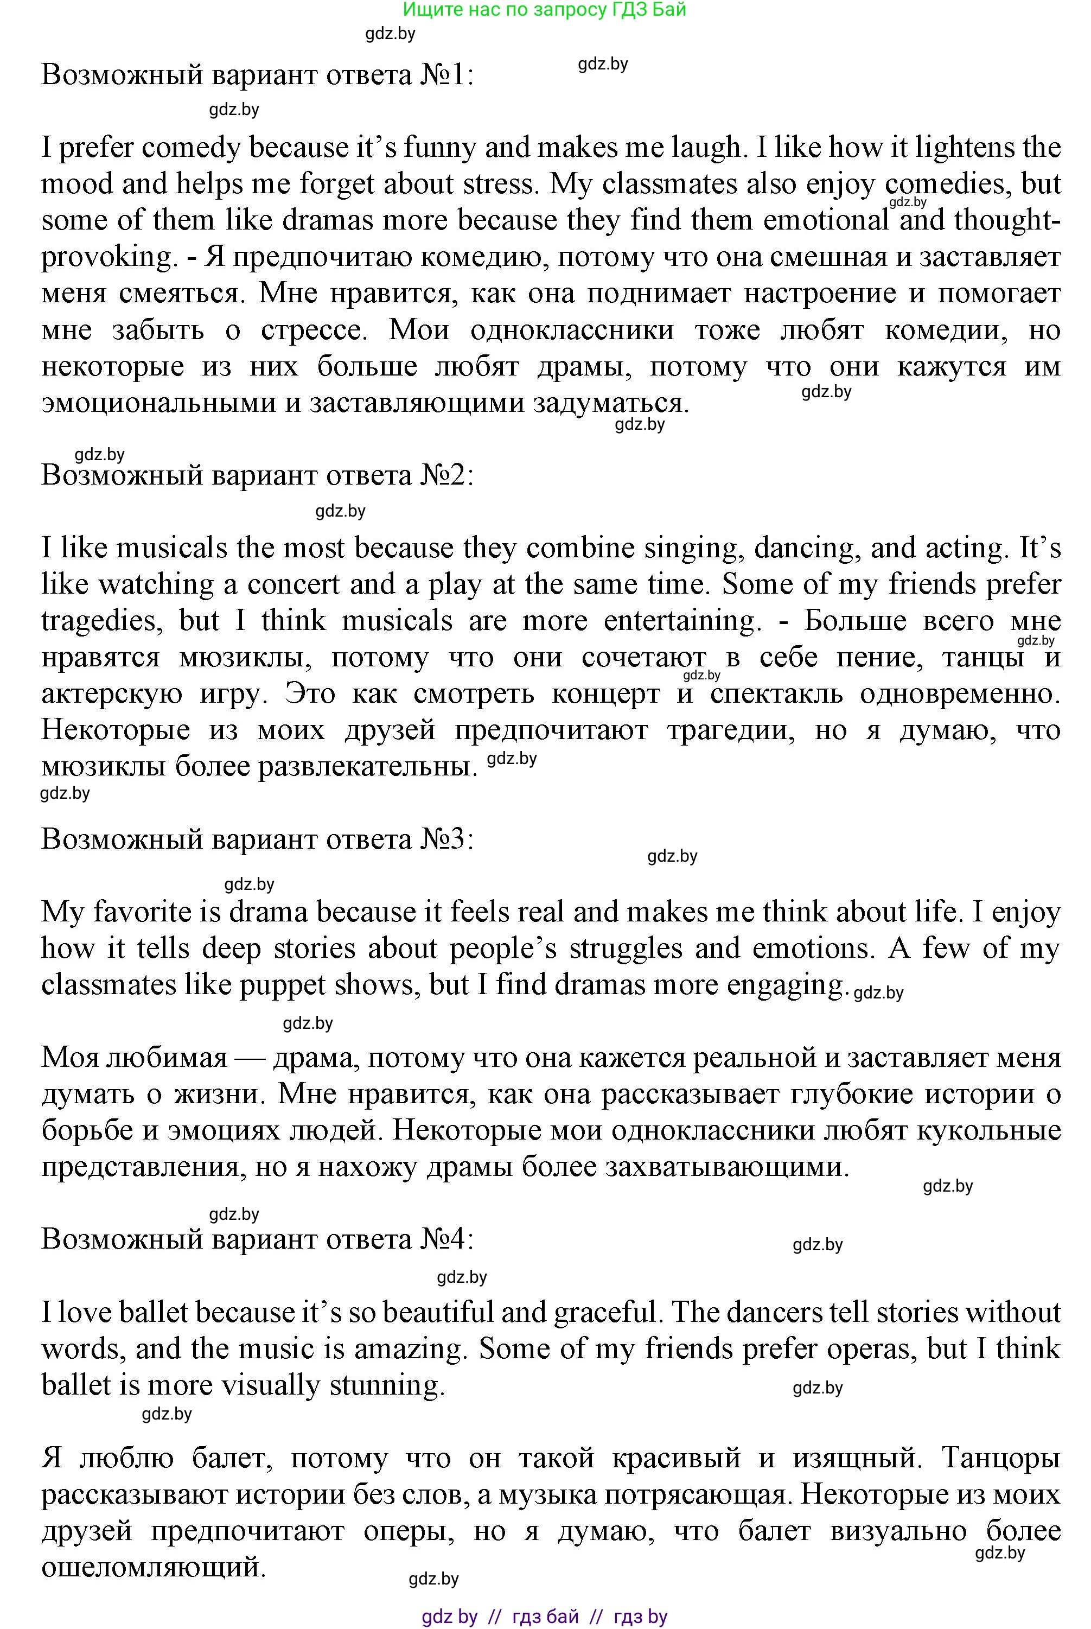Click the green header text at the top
tap(544, 10)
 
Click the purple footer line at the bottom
tap(544, 1616)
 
